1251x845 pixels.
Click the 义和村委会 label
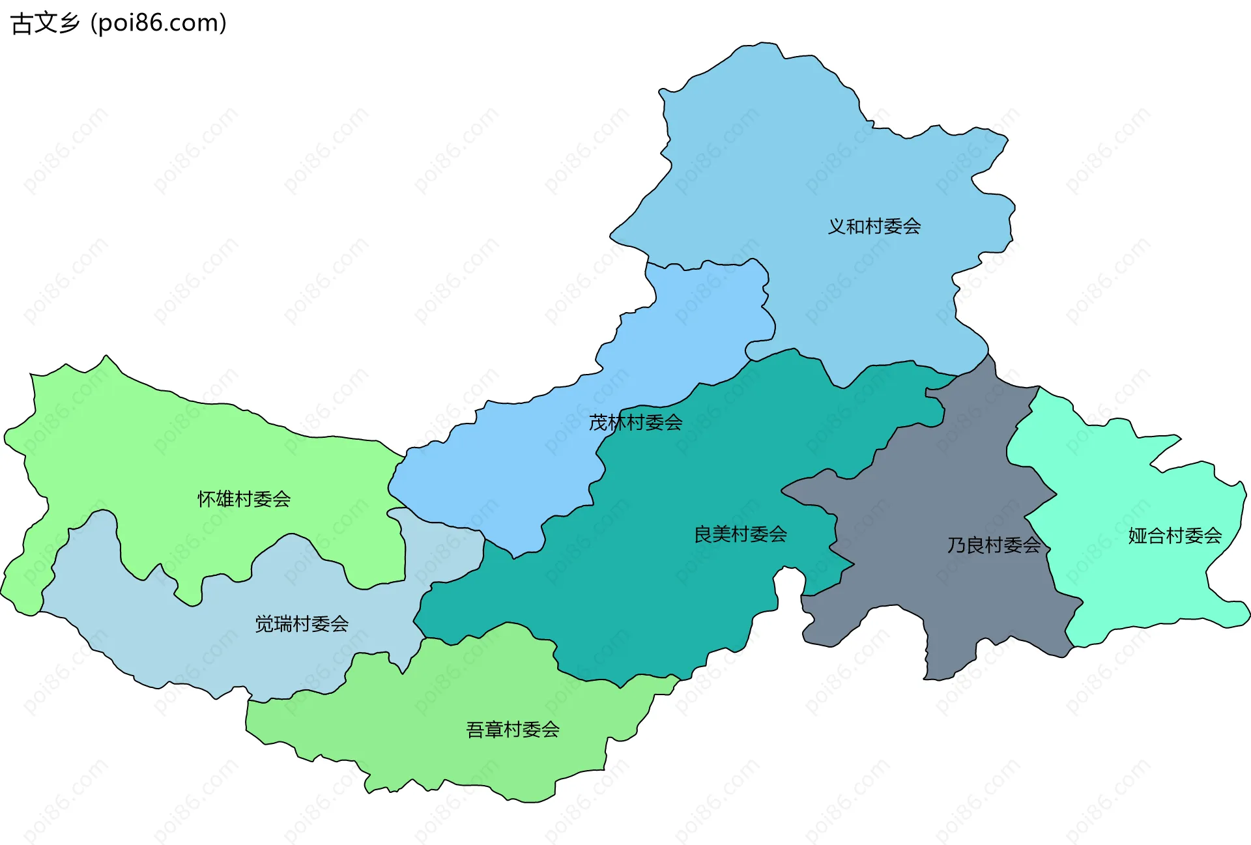(874, 226)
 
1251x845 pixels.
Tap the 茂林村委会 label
(635, 422)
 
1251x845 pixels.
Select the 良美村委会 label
(740, 534)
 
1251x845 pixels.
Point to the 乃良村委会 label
(994, 545)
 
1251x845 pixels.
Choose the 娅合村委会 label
(1175, 536)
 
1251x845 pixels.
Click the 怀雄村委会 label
(244, 499)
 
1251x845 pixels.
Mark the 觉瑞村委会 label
(302, 623)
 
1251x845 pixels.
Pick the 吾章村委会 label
(513, 729)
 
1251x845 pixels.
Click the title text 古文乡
(45, 23)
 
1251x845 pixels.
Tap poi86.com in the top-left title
(158, 23)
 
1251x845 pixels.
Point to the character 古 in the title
(22, 23)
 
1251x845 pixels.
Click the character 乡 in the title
(68, 23)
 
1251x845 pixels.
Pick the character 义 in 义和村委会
(837, 226)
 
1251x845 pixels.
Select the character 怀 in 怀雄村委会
(207, 499)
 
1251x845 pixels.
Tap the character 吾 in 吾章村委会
(475, 729)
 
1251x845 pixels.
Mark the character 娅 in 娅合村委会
(1138, 536)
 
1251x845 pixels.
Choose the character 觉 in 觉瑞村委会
(264, 623)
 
